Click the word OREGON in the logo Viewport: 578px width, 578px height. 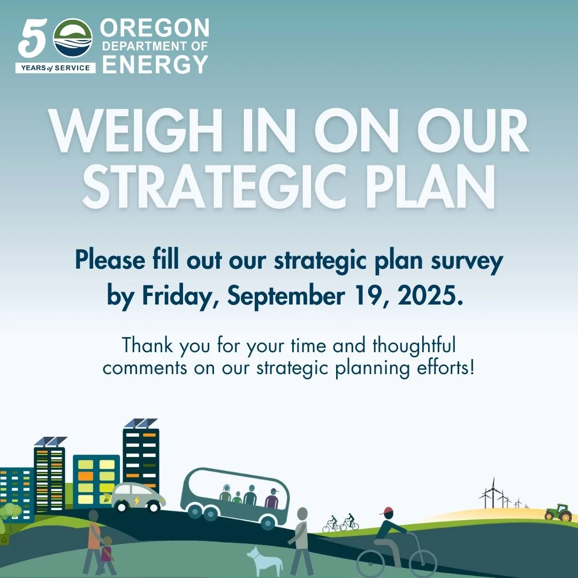click(x=155, y=27)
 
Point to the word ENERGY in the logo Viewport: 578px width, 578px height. click(x=155, y=64)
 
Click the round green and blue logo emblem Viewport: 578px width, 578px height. click(x=73, y=38)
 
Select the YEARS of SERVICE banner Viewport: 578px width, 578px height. click(x=56, y=67)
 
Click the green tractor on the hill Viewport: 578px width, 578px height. click(x=558, y=513)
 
